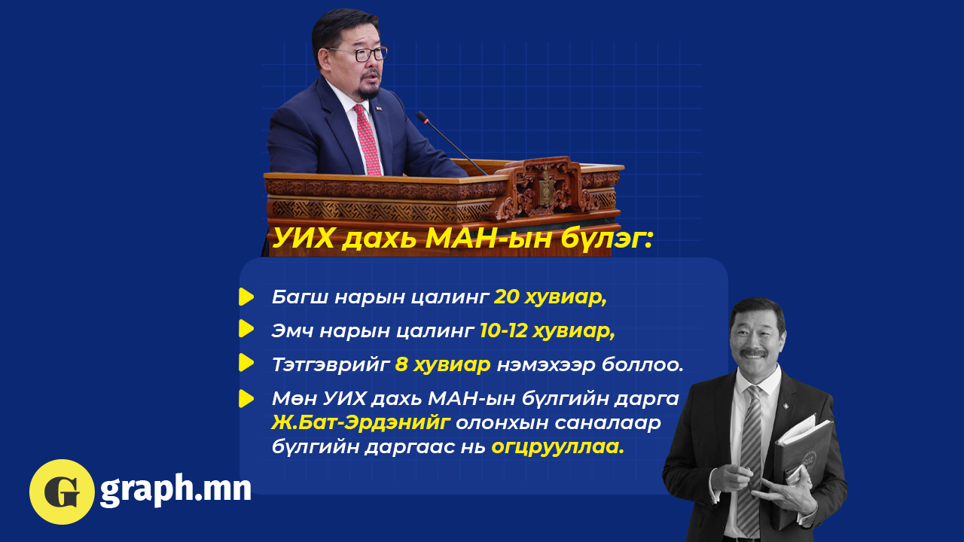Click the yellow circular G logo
[x=62, y=492]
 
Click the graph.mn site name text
[x=175, y=490]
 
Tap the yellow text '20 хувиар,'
[x=551, y=297]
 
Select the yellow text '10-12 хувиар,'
[x=548, y=330]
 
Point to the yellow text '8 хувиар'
[x=443, y=365]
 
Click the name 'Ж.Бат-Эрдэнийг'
[x=361, y=423]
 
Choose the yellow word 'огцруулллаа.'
[x=558, y=447]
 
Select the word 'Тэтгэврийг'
[x=331, y=365]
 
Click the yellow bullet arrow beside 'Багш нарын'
[x=246, y=297]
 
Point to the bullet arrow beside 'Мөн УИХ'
[x=246, y=398]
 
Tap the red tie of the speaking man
[x=368, y=140]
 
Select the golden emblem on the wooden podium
[x=546, y=189]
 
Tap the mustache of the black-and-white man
[x=753, y=353]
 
